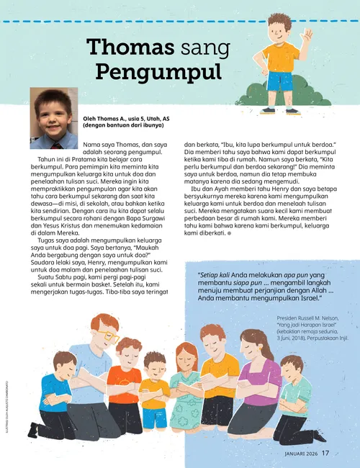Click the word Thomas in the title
tap(130, 48)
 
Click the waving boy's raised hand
tap(307, 35)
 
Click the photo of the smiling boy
tap(53, 119)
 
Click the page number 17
tap(325, 453)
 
